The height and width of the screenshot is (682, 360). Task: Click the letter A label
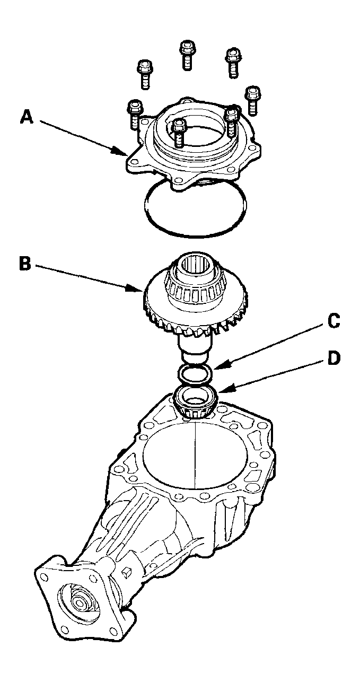pyautogui.click(x=27, y=116)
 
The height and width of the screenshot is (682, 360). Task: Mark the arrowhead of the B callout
pyautogui.click(x=141, y=291)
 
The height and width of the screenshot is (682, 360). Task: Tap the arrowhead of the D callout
pyautogui.click(x=218, y=392)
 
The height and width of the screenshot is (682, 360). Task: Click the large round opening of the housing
pyautogui.click(x=196, y=456)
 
